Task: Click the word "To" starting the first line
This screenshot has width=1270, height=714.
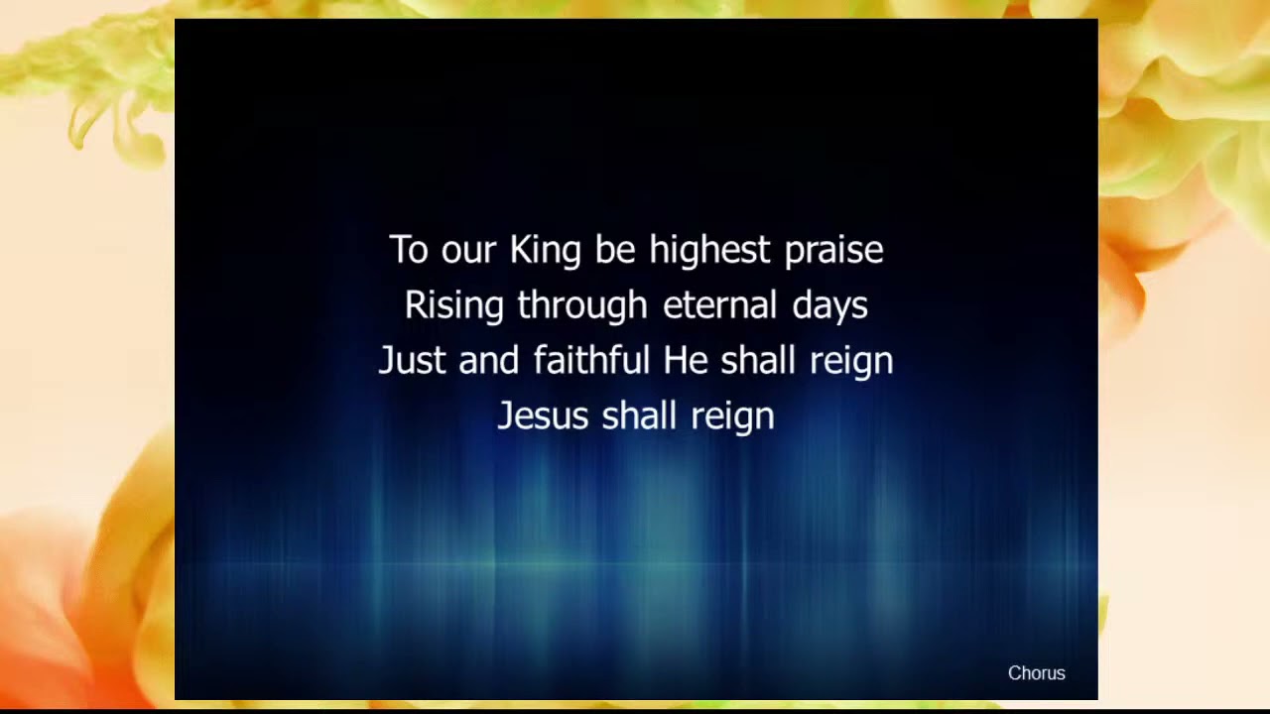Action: (408, 250)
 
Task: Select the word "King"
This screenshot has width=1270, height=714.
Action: (545, 251)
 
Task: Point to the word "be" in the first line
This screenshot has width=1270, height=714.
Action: (615, 250)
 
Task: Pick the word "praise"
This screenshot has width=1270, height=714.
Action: (833, 251)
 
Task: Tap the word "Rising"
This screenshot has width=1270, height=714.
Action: (453, 305)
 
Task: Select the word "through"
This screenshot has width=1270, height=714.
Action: (582, 305)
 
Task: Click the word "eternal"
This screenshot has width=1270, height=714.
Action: (720, 305)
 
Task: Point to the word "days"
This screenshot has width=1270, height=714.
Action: (829, 306)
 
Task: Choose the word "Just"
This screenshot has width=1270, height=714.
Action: (411, 360)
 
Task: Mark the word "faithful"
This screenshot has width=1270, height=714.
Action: (591, 360)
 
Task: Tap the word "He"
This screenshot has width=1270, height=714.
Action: (685, 360)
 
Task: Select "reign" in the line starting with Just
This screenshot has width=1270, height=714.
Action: (851, 362)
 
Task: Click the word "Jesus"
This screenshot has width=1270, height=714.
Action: (543, 416)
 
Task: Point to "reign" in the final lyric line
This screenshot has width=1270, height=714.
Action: (732, 417)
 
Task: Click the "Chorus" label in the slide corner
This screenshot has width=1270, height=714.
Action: (1036, 673)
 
